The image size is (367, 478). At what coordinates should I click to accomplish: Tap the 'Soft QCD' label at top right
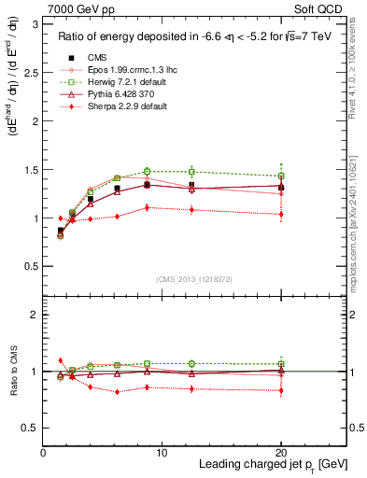(317, 9)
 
